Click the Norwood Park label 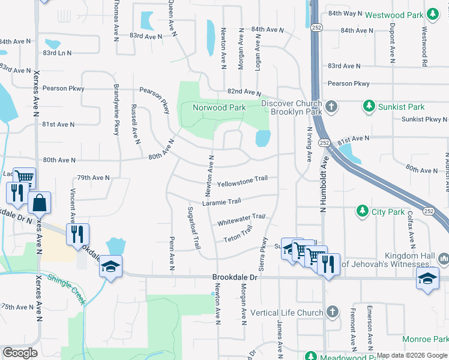(219, 108)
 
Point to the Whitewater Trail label (241, 220)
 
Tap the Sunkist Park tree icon (369, 107)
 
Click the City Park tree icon (362, 211)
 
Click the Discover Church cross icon (331, 107)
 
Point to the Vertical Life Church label (287, 313)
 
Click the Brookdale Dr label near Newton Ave (235, 278)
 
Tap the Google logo (20, 353)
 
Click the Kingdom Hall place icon (444, 259)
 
